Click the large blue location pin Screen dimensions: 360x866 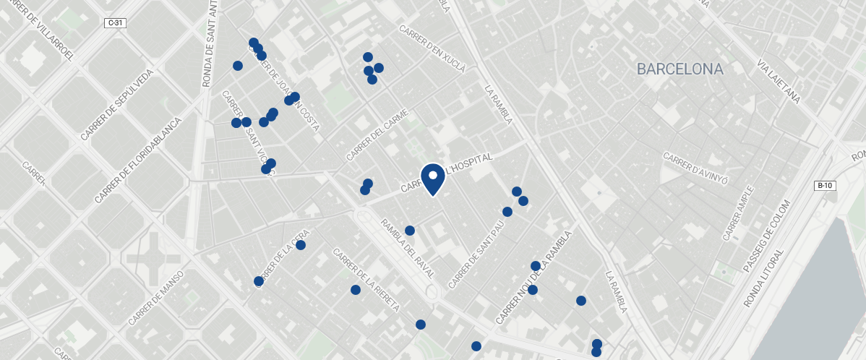pos(432,179)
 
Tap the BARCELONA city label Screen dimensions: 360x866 pos(679,69)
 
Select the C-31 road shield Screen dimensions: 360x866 pos(116,23)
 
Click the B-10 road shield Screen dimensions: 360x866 pos(825,186)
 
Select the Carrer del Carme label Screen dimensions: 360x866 pos(377,135)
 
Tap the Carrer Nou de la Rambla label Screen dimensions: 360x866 pos(533,278)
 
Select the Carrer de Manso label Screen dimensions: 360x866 pos(156,298)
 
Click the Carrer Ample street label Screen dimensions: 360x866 pos(739,213)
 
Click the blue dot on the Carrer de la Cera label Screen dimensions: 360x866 pos(301,245)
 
